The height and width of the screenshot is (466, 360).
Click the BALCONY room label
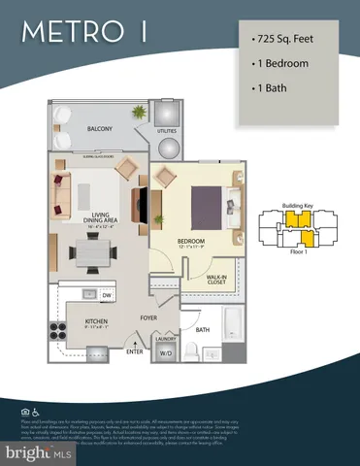(99, 128)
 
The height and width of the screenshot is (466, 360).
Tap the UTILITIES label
(168, 128)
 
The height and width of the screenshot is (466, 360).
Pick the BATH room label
(202, 330)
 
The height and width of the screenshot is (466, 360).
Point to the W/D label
(165, 352)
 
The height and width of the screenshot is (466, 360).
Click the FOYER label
(147, 316)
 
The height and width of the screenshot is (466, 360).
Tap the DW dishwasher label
(107, 294)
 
